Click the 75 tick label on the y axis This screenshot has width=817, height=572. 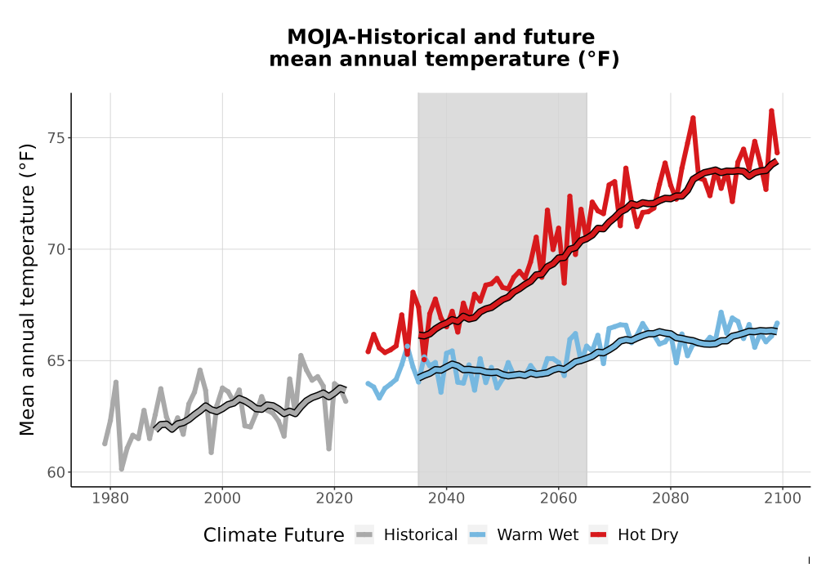[56, 138]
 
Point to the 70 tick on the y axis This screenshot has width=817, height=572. [56, 249]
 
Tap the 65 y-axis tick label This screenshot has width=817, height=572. [56, 361]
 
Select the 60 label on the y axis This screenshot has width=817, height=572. [56, 472]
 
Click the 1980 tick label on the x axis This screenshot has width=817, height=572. [110, 498]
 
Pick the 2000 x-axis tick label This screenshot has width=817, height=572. [222, 498]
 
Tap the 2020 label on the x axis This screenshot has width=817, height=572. [334, 498]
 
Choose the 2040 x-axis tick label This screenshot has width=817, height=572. [447, 498]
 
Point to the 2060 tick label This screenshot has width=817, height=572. [559, 498]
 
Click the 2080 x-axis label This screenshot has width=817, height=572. [671, 498]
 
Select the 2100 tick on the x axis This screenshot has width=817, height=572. [783, 498]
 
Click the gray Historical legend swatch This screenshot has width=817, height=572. [364, 535]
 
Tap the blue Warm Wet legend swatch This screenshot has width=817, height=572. [477, 535]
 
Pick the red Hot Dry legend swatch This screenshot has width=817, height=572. [599, 535]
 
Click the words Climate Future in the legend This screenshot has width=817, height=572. [274, 535]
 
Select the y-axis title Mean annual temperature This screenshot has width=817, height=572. [27, 289]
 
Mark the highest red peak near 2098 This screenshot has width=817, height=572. [772, 111]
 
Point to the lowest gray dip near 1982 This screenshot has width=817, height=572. [122, 469]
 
